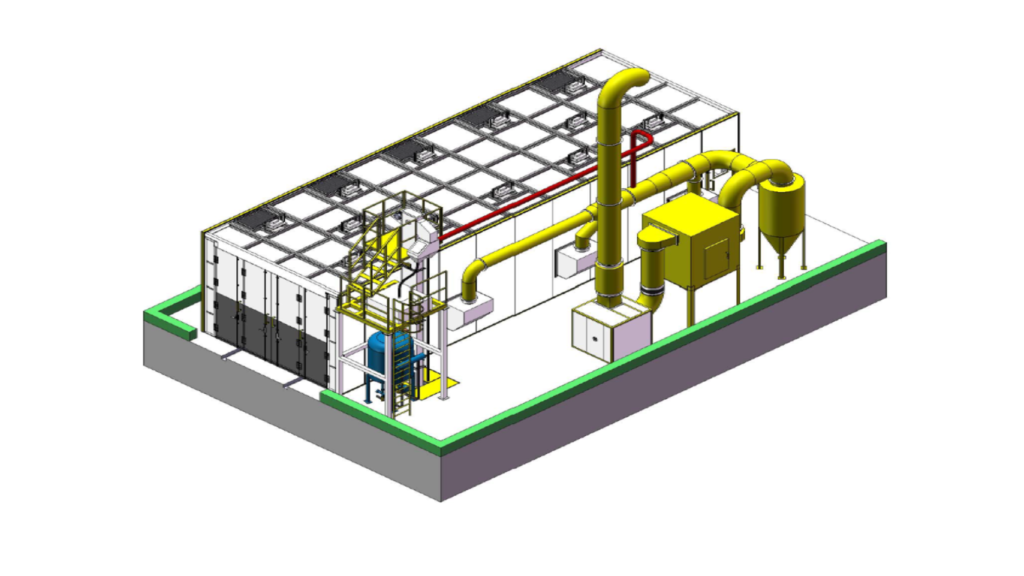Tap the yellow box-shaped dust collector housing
(x=690, y=250)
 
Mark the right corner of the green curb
(x=881, y=246)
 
